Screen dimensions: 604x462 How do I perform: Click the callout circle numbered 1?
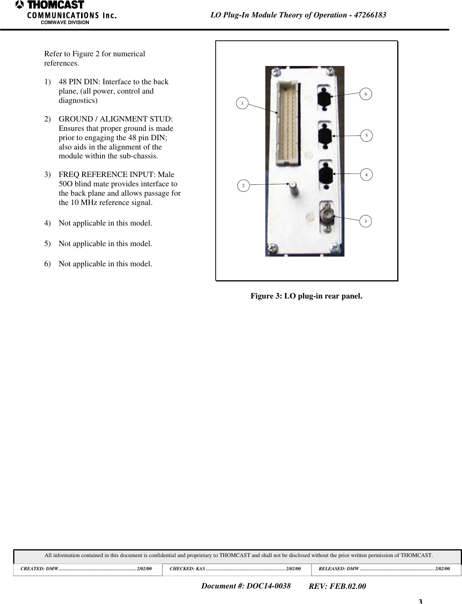point(242,104)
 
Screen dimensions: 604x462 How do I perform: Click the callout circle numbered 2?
point(244,186)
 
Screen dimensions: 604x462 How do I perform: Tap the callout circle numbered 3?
point(365,221)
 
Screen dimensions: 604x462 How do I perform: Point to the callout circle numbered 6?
point(366,94)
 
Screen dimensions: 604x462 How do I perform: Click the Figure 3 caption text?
point(306,296)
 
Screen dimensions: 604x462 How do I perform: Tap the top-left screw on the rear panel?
point(276,72)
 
